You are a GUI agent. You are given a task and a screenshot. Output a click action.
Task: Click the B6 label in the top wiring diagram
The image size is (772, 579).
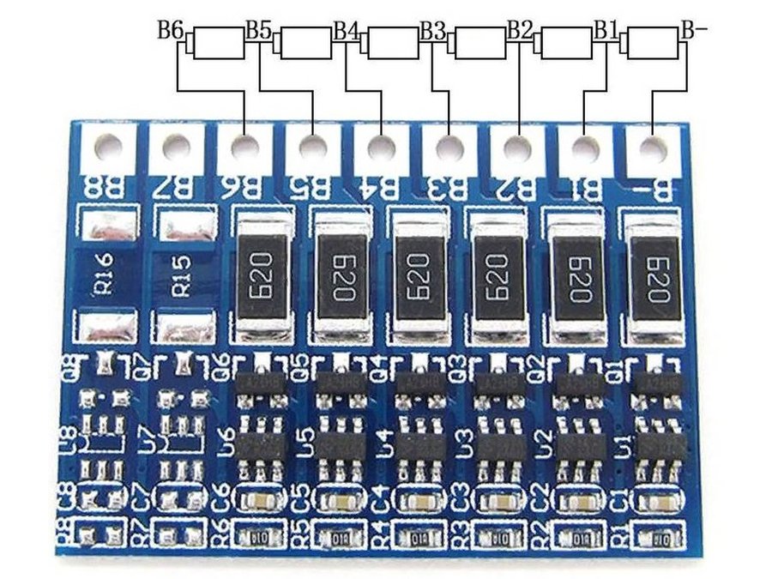(x=170, y=31)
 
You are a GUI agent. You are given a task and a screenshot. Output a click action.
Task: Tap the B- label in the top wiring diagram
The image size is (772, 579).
(x=694, y=31)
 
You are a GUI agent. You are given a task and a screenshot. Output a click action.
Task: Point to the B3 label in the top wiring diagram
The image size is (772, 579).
(x=432, y=31)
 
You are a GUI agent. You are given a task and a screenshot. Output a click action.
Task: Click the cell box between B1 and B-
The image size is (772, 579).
(x=653, y=42)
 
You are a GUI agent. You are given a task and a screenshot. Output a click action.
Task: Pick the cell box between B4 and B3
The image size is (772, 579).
(x=393, y=42)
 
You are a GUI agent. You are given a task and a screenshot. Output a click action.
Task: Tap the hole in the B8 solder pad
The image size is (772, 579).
(x=110, y=147)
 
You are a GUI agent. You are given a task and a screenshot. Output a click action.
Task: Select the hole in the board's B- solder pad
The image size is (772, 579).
(x=653, y=147)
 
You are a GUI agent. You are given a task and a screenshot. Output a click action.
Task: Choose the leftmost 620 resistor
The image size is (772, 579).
(x=262, y=273)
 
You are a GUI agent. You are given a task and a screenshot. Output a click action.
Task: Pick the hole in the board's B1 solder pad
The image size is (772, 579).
(x=585, y=147)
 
